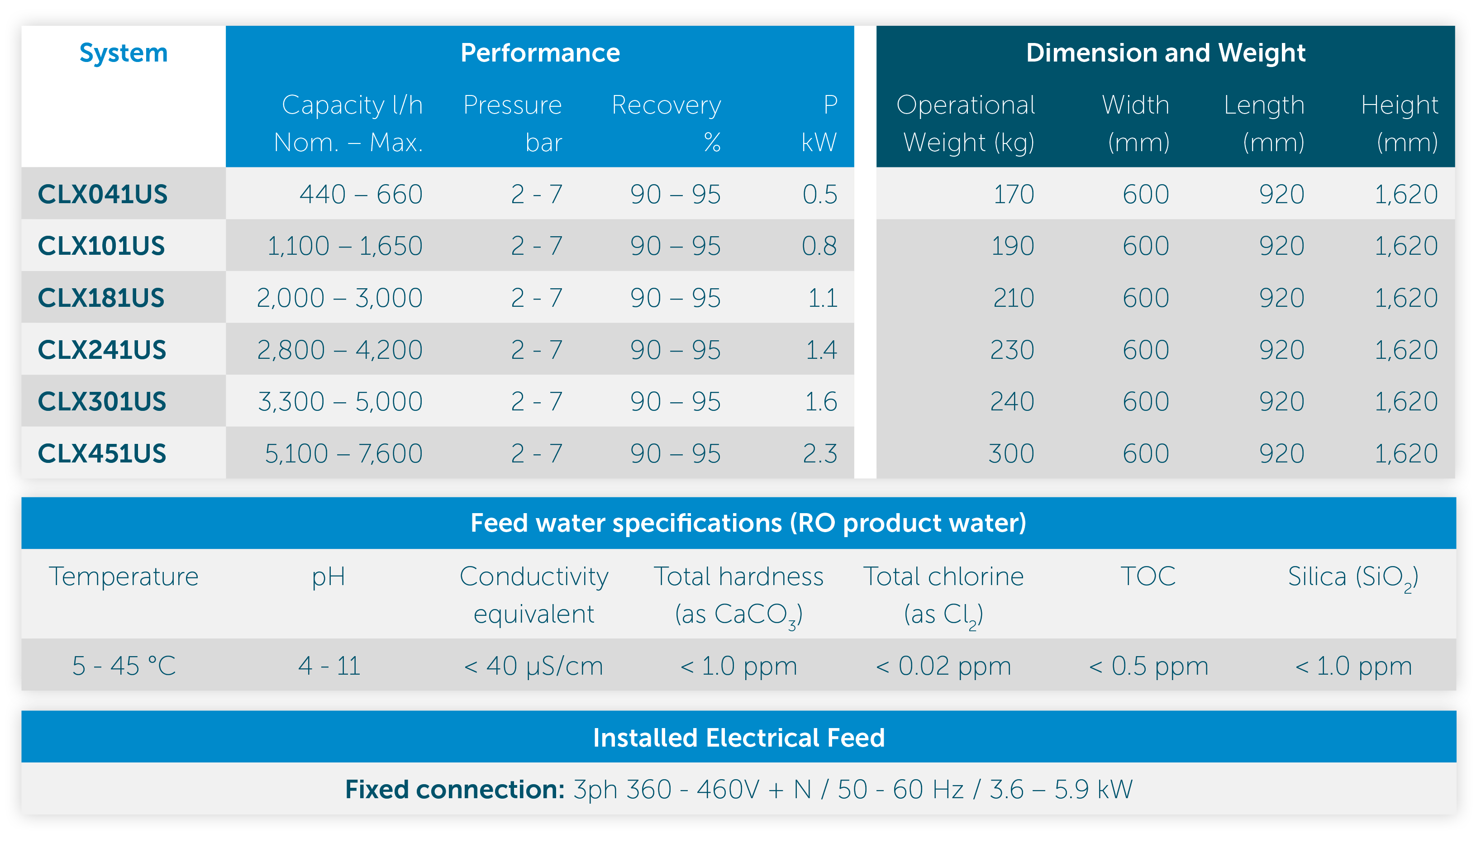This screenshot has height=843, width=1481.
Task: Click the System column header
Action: pyautogui.click(x=124, y=53)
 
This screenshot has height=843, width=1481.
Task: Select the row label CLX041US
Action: pyautogui.click(x=102, y=194)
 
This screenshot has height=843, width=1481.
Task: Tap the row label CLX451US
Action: pyautogui.click(x=102, y=453)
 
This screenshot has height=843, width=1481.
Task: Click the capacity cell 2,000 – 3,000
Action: pyautogui.click(x=339, y=298)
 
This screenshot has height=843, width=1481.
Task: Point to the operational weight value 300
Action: pyautogui.click(x=1011, y=453)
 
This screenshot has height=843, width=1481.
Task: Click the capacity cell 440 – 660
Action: pyautogui.click(x=361, y=194)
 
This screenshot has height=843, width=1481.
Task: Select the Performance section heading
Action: pyautogui.click(x=540, y=53)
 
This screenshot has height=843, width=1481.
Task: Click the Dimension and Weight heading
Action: pyautogui.click(x=1166, y=53)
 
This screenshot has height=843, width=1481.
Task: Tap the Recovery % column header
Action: pyautogui.click(x=667, y=124)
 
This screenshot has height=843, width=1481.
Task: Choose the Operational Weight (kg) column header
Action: pyautogui.click(x=966, y=124)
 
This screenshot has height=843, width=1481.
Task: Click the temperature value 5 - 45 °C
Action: pyautogui.click(x=124, y=666)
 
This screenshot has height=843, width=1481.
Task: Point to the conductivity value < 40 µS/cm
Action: pyautogui.click(x=533, y=666)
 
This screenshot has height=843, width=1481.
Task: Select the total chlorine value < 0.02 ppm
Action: pyautogui.click(x=943, y=666)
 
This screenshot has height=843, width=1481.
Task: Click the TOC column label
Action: pyautogui.click(x=1148, y=576)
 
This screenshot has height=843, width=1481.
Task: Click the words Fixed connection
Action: pyautogui.click(x=454, y=789)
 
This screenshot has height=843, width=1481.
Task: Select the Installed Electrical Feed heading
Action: pyautogui.click(x=739, y=738)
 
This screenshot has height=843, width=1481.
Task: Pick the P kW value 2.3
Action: pyautogui.click(x=820, y=453)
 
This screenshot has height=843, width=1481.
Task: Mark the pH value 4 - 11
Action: pyautogui.click(x=329, y=666)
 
